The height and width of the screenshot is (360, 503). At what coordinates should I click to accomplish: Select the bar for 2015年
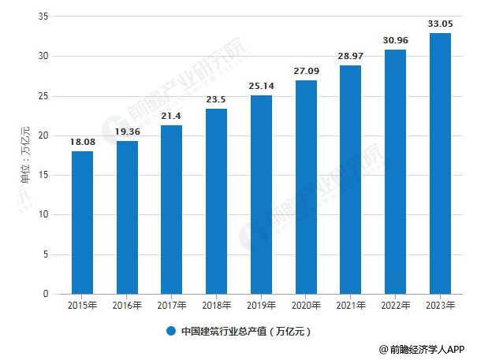coord(82,222)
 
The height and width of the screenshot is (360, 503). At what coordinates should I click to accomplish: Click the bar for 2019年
coord(261,195)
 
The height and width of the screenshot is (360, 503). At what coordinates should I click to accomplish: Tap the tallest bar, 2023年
coord(440,163)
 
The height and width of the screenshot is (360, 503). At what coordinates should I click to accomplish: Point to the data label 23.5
coord(216,100)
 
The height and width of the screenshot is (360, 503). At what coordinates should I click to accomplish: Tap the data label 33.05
coord(440,24)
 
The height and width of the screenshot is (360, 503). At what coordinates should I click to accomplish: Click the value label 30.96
coord(395,40)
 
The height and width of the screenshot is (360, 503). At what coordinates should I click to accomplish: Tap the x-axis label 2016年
coord(127,304)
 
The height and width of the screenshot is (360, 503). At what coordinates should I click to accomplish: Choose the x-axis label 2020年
coord(306,304)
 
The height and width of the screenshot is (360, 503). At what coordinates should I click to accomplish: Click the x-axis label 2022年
coord(395,304)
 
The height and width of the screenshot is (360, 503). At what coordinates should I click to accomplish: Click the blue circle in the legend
coord(170,331)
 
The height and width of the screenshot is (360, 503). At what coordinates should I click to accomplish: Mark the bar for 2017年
coord(172,209)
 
